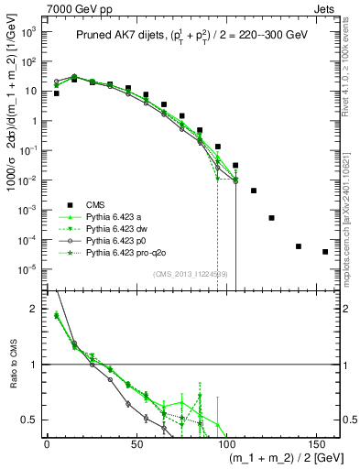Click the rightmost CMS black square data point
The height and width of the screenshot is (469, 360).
click(325, 252)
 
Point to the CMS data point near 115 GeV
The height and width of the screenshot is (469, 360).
click(254, 191)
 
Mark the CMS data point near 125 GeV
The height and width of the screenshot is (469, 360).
click(271, 218)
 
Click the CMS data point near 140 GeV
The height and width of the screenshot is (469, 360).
click(299, 246)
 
